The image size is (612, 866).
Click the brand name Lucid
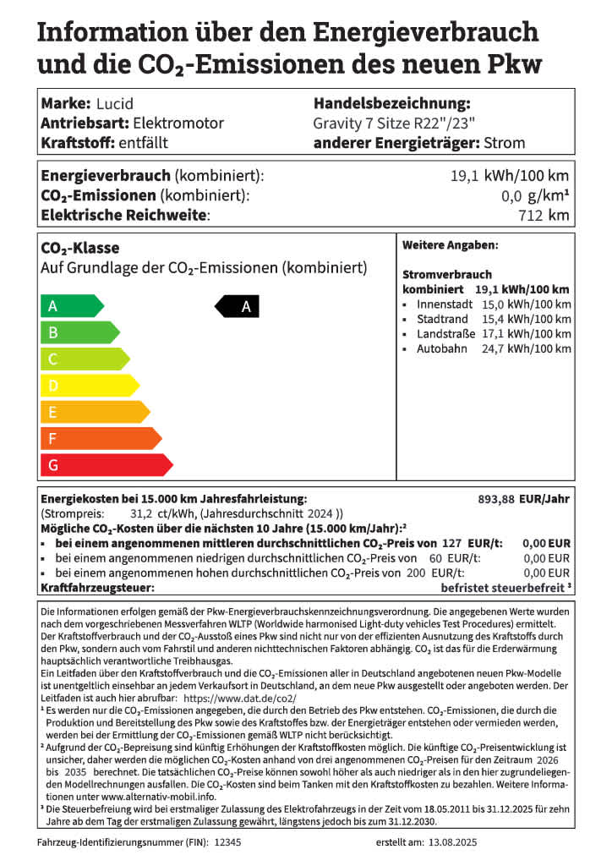coord(114,104)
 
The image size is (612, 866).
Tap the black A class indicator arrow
coord(238,307)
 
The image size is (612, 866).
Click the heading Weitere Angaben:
coord(450,245)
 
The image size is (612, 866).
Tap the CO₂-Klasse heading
coord(80,249)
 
